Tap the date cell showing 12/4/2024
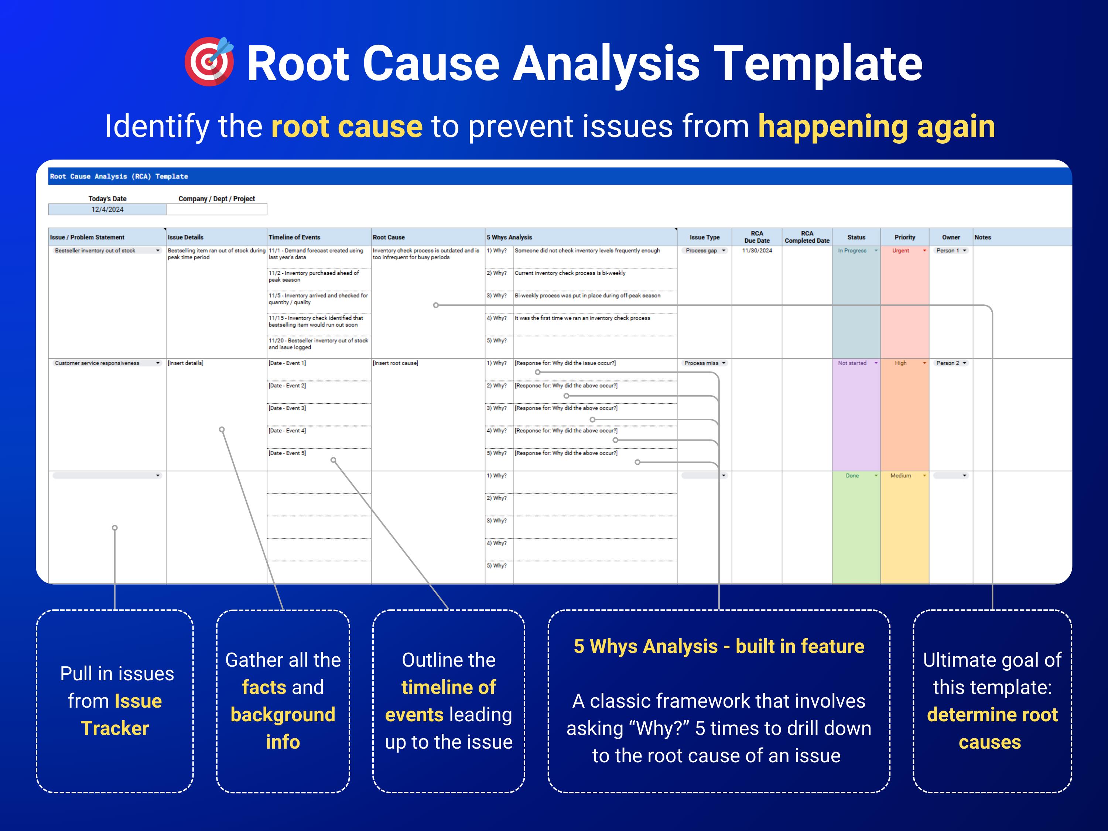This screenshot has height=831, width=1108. point(107,209)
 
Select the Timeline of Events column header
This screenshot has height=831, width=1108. point(294,237)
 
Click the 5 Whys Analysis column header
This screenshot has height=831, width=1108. point(509,237)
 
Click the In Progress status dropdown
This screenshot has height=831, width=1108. point(856,250)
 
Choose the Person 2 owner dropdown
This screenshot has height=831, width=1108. point(951,363)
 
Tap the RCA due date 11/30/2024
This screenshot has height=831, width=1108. point(757,250)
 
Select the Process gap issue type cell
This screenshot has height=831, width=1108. point(704,250)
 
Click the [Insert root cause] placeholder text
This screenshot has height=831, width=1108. point(395,363)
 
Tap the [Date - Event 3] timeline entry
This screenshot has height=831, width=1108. point(287,408)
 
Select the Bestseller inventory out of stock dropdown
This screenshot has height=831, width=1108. point(107,250)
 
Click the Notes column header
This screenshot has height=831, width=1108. point(982,237)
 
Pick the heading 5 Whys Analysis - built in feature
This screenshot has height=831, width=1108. point(718,646)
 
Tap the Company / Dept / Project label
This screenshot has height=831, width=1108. point(216,199)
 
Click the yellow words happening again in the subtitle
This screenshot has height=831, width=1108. point(876,126)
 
